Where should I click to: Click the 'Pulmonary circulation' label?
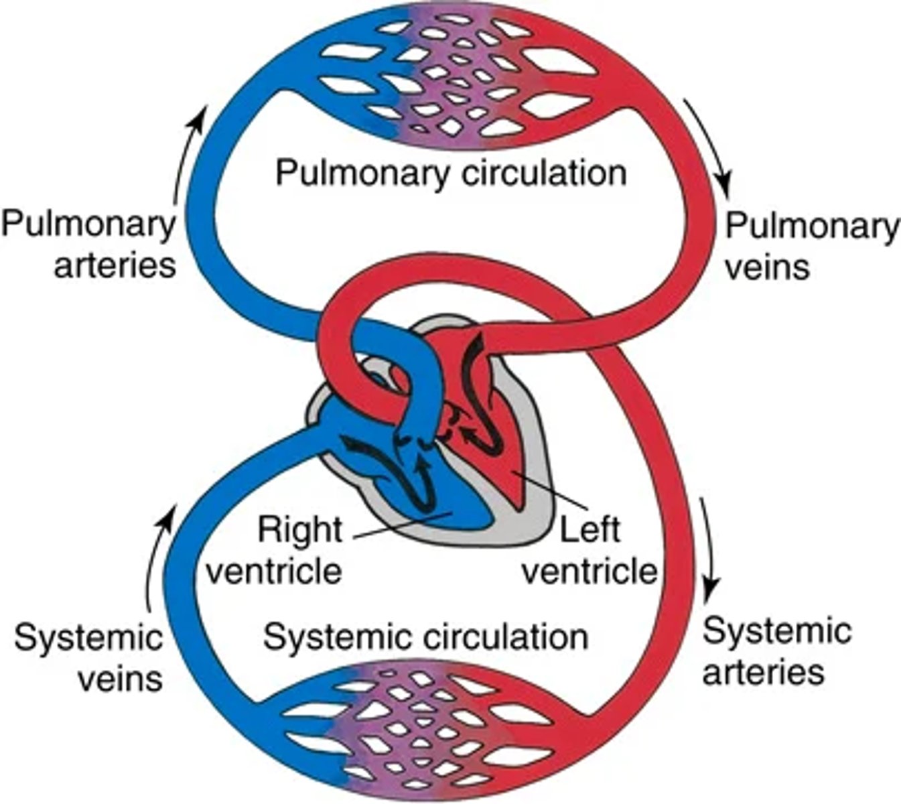[451, 173]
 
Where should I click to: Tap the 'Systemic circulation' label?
[425, 636]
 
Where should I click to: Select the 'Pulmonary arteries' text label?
[88, 245]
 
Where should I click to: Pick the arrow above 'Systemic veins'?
[158, 556]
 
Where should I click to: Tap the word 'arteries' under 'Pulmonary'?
[115, 265]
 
